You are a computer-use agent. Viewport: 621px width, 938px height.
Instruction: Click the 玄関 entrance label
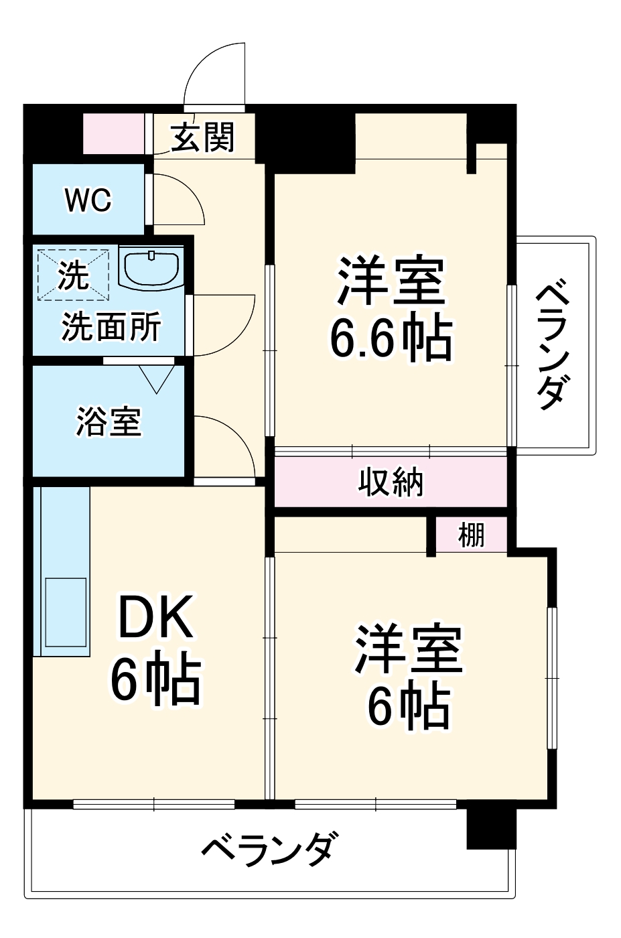coord(202,137)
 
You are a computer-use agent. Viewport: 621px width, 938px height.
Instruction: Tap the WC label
coord(88,200)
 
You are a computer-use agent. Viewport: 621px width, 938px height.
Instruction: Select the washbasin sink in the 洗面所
coord(151,268)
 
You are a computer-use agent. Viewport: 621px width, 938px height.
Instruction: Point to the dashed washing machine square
coord(73,273)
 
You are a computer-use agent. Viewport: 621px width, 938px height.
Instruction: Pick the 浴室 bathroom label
coord(108,421)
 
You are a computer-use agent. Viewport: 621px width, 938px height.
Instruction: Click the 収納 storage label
coord(391,482)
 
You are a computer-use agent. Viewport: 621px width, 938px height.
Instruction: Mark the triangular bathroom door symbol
coord(157,379)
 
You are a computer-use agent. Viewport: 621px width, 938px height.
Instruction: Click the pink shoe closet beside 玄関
coord(113,134)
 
